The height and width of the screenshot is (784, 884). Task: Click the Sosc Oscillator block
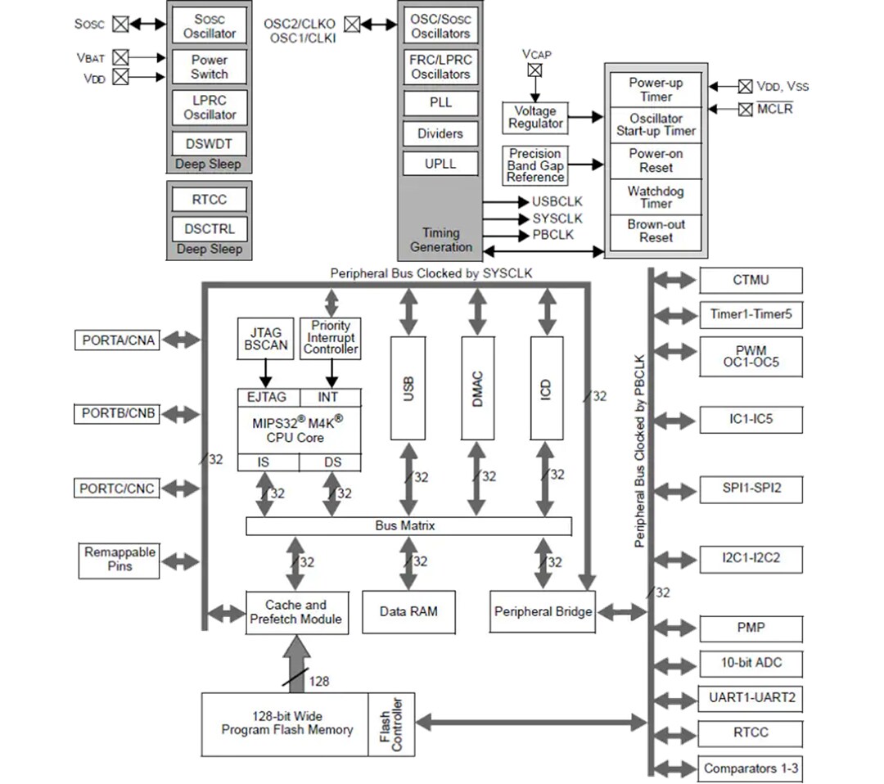[210, 26]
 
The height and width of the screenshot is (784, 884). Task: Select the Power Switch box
[210, 67]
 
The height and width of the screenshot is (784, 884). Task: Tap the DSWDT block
[210, 144]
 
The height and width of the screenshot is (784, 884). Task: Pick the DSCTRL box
[210, 229]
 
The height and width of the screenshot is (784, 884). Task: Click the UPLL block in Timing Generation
[440, 164]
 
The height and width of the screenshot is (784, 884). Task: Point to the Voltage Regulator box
[535, 117]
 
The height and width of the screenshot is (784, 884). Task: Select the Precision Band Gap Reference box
[535, 165]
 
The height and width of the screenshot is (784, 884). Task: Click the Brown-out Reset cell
[656, 232]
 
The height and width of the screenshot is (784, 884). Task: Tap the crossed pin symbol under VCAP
[534, 70]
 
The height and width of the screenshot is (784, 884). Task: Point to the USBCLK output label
[557, 201]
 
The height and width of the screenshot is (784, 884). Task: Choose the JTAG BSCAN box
[266, 339]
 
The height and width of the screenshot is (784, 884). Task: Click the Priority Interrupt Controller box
[331, 337]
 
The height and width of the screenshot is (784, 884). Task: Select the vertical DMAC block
[477, 387]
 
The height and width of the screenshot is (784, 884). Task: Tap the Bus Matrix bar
[408, 526]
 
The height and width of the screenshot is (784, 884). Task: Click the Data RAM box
[408, 611]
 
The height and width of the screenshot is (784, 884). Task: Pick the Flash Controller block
[391, 724]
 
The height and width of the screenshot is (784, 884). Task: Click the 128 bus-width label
[319, 680]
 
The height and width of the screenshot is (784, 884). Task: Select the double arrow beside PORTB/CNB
[181, 413]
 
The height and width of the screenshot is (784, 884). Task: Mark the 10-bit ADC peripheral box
[751, 663]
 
